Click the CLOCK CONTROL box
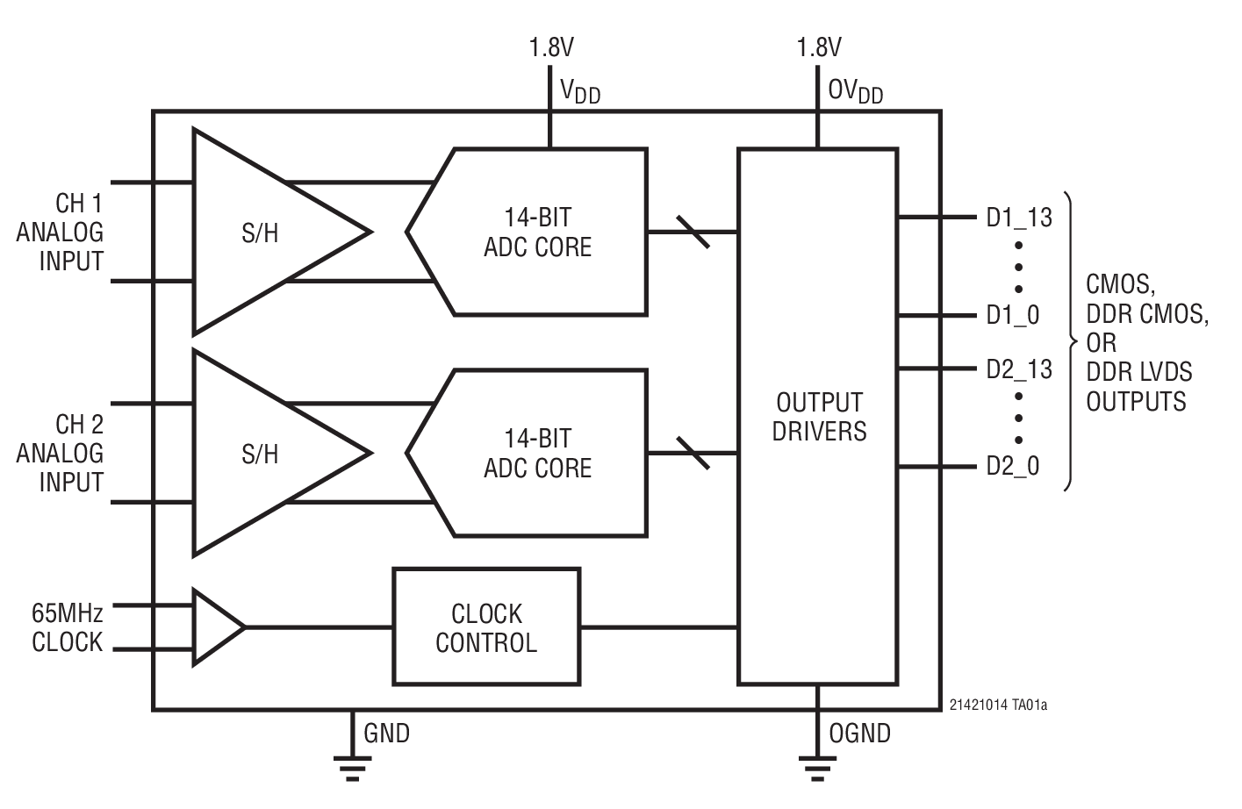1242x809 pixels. pyautogui.click(x=486, y=626)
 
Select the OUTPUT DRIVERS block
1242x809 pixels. pyautogui.click(x=818, y=416)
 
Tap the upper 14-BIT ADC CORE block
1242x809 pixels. pyautogui.click(x=537, y=232)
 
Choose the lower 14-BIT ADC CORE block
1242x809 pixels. pyautogui.click(x=537, y=453)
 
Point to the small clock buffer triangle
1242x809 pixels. pyautogui.click(x=215, y=626)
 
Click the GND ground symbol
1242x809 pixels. pyautogui.click(x=352, y=766)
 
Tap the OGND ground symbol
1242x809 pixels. pyautogui.click(x=818, y=766)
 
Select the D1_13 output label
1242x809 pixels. pyautogui.click(x=1019, y=217)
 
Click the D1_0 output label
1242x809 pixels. pyautogui.click(x=1013, y=315)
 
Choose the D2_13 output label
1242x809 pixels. pyautogui.click(x=1019, y=369)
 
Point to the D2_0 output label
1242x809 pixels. pyautogui.click(x=1013, y=466)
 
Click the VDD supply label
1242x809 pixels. pyautogui.click(x=580, y=91)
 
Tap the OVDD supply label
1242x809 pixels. pyautogui.click(x=855, y=91)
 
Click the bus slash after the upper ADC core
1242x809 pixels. pyautogui.click(x=693, y=232)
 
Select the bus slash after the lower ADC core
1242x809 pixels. pyautogui.click(x=693, y=453)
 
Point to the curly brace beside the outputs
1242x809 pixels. pyautogui.click(x=1069, y=340)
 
